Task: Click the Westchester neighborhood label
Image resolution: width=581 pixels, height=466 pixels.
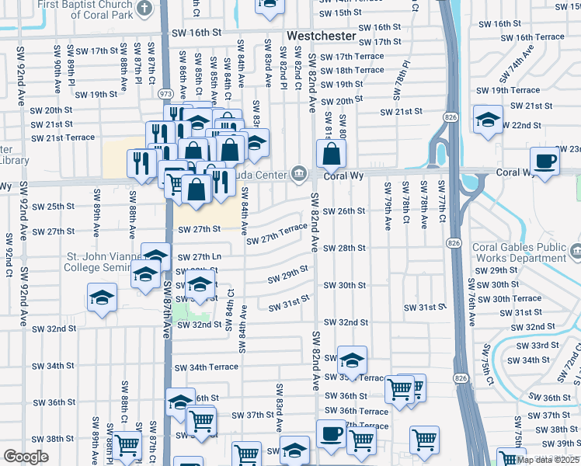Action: click(x=322, y=37)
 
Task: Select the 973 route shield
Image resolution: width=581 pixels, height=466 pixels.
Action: click(x=165, y=93)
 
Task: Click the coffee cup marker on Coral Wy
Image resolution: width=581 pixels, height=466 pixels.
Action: click(x=544, y=161)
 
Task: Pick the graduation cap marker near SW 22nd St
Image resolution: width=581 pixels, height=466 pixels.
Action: click(x=488, y=120)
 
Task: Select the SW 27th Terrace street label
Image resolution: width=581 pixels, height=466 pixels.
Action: click(x=277, y=235)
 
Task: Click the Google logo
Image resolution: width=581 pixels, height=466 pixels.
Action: click(x=26, y=457)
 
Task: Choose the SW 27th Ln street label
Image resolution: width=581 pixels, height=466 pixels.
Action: click(x=200, y=257)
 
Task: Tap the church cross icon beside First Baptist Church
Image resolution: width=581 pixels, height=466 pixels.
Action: click(x=144, y=8)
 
